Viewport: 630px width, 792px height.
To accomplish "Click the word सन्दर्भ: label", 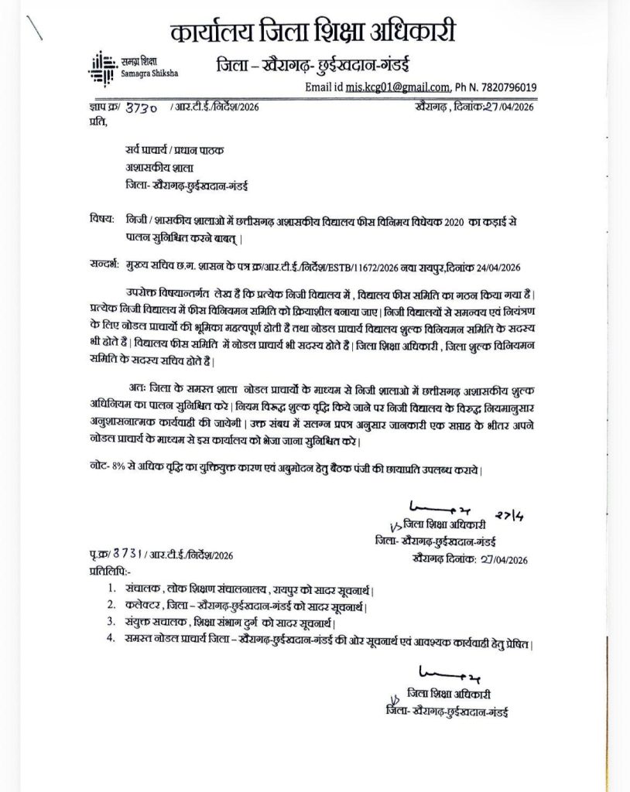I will coord(104,266).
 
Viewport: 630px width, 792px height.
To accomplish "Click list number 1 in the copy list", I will coord(113,587).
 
